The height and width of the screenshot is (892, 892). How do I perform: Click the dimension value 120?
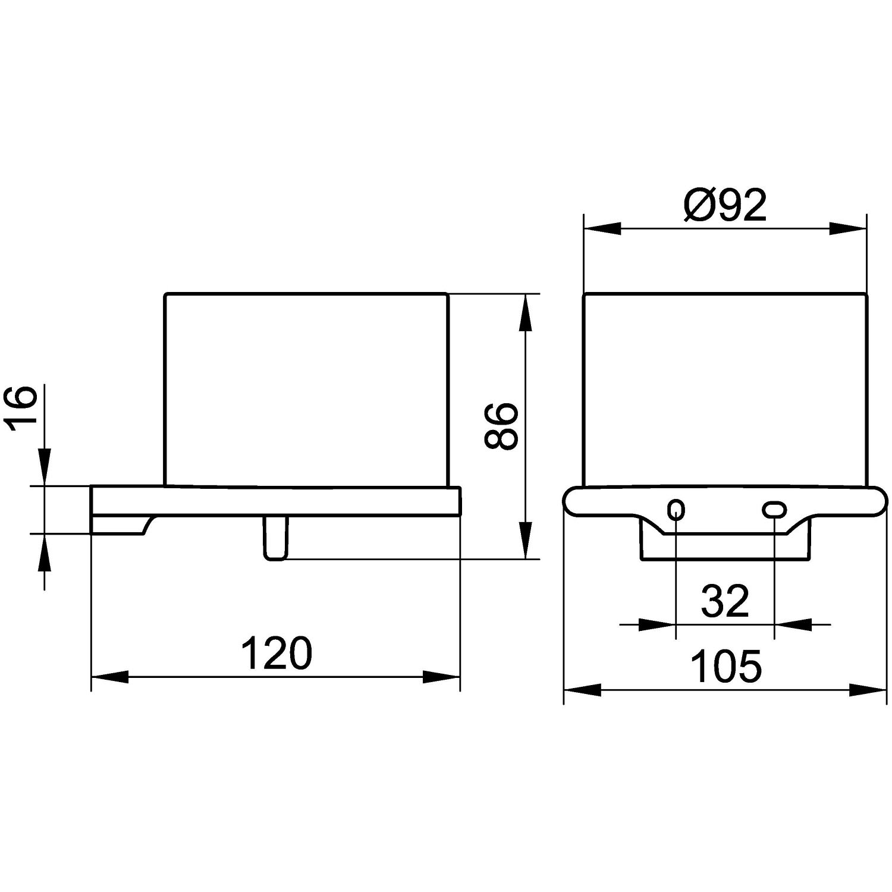pos(277,653)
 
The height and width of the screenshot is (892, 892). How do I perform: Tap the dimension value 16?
pos(20,408)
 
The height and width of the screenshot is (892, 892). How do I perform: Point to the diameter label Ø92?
pos(725,206)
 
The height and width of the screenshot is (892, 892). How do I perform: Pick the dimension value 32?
pos(725,601)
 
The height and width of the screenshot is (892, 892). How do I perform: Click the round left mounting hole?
pos(676,509)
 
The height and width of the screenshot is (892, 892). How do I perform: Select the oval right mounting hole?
pos(774,509)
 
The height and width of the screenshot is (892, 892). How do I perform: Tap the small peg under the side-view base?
pos(275,538)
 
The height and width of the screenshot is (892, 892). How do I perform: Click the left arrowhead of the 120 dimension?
pos(109,677)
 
